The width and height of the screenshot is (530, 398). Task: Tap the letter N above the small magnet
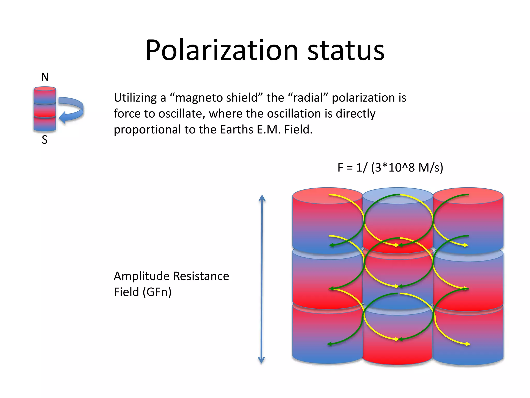pos(45,77)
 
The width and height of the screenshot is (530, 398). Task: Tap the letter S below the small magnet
pos(45,140)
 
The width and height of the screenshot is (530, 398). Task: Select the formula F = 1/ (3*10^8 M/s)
pos(390,167)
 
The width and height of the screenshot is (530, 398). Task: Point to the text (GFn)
pos(157,292)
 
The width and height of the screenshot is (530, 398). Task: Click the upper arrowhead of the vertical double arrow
pos(262,198)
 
